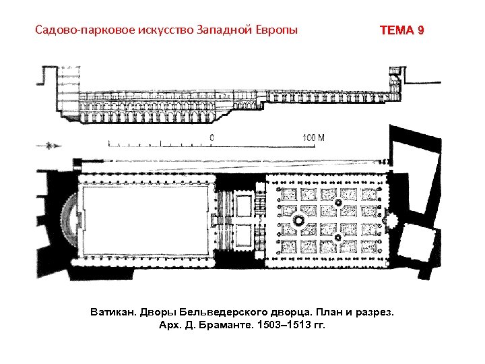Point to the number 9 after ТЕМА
coord(421,31)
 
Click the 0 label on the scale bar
coord(212,138)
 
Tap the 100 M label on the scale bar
coord(313,138)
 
